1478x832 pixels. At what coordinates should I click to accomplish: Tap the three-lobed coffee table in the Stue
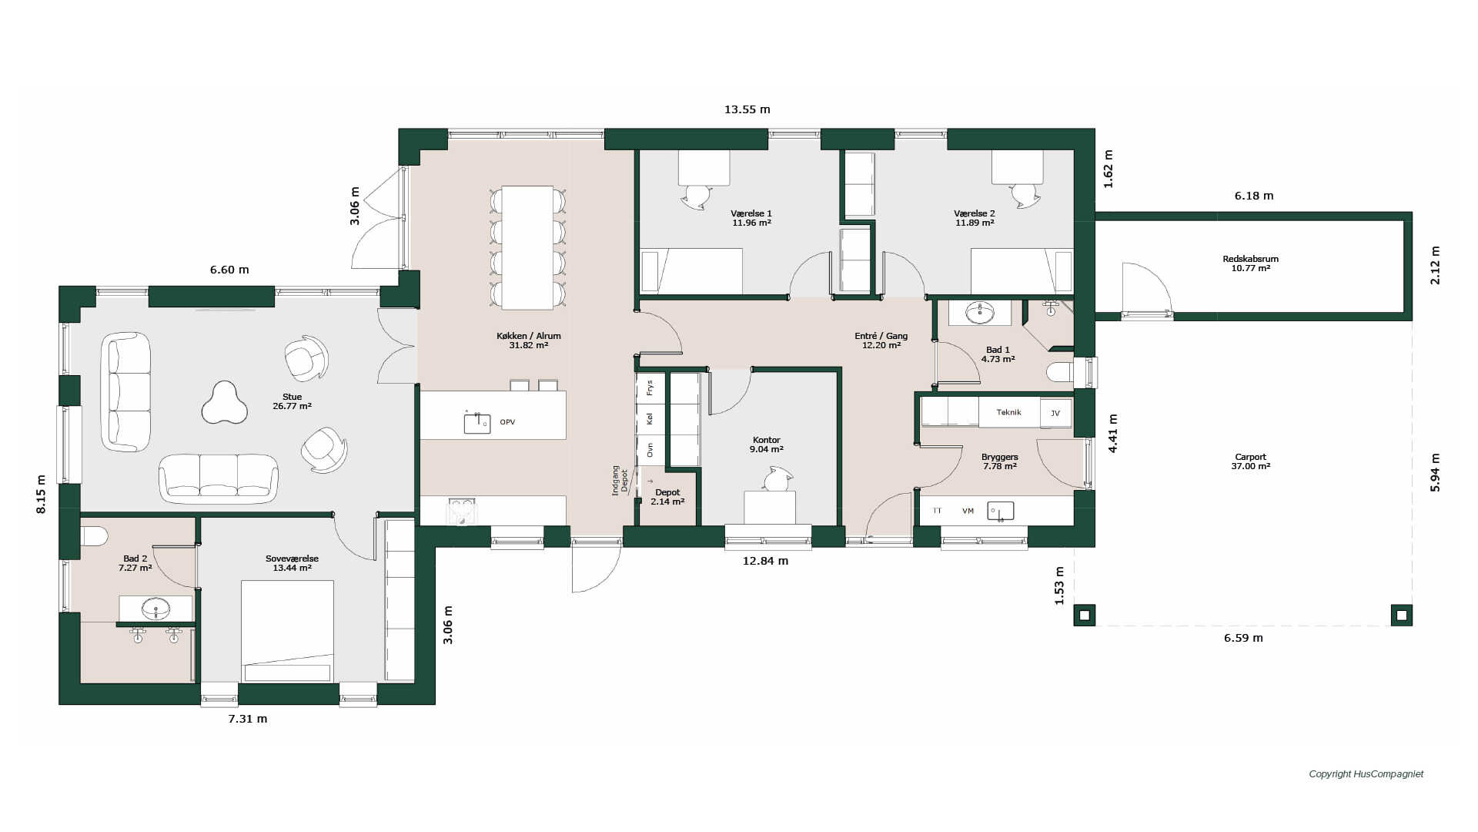point(225,403)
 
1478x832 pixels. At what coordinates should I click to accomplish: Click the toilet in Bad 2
point(94,535)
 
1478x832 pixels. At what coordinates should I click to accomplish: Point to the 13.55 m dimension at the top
point(747,109)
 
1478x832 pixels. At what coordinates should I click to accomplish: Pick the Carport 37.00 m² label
point(1250,461)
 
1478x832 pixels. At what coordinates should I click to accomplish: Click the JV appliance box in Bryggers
point(1055,413)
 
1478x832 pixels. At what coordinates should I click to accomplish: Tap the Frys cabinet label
point(650,387)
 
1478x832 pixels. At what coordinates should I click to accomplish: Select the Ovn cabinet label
point(650,449)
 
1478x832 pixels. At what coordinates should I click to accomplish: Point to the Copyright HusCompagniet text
point(1366,774)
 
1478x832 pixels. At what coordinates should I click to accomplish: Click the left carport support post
point(1085,616)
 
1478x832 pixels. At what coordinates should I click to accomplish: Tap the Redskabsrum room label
point(1250,263)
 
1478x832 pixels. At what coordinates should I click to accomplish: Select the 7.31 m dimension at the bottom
point(248,719)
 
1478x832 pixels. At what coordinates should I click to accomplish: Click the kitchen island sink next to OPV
point(477,423)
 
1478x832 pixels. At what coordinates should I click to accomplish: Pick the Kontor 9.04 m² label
point(766,445)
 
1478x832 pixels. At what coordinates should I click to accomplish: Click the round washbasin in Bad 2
point(156,609)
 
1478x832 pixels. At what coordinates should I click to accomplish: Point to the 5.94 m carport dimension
point(1435,472)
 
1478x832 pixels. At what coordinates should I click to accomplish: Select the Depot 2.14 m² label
point(667,497)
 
